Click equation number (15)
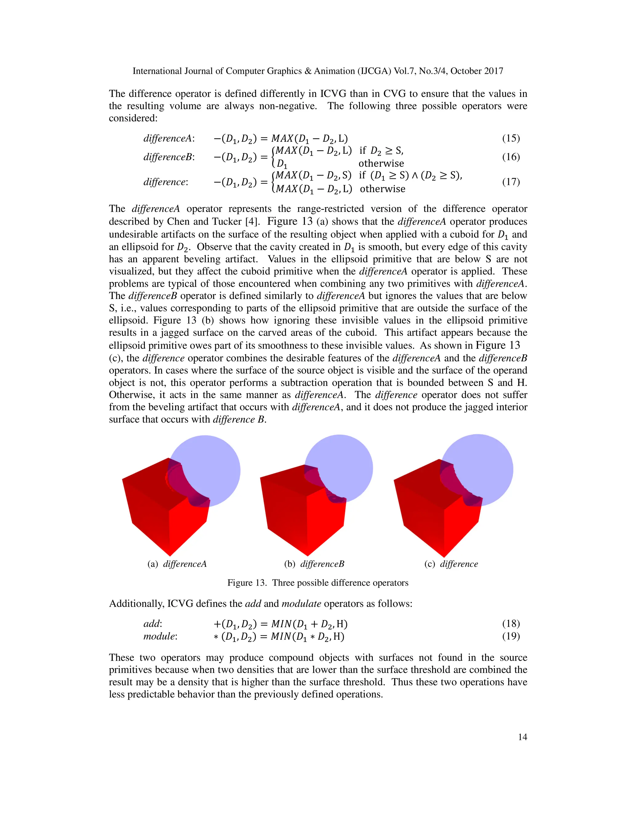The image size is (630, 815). tap(511, 138)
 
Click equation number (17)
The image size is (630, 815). tap(511, 182)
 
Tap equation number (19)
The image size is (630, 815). tap(511, 636)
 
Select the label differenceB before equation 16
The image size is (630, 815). tap(169, 157)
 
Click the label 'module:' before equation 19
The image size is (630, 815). tap(160, 636)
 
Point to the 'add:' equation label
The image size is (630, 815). tap(152, 624)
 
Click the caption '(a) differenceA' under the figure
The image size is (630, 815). tap(177, 564)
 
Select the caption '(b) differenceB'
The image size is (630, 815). tap(314, 564)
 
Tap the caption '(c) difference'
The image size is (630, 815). tap(451, 564)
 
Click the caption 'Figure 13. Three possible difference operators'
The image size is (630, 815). tap(317, 583)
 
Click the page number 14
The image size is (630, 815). tap(522, 737)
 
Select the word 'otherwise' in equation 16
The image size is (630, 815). tap(381, 163)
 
